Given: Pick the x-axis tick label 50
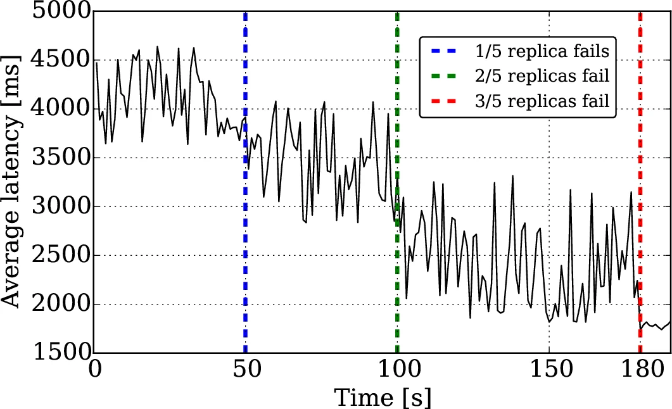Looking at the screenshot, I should coord(245,372).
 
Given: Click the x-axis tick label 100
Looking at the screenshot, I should coord(397,372).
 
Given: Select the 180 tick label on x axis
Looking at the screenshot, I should coord(640,372).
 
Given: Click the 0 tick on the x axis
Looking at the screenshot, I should coord(95,372).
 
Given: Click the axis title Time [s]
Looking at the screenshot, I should coord(383,398).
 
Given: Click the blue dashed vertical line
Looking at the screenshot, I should coord(245,190).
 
